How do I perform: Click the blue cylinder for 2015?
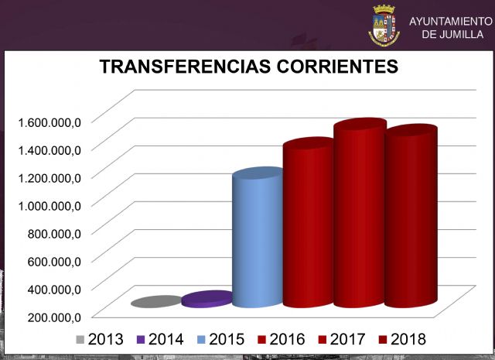[x=258, y=240]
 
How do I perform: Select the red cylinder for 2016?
[x=308, y=225]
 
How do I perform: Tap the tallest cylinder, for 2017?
[x=360, y=217]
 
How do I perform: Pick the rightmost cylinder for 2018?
[x=411, y=221]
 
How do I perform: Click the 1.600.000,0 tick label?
[x=51, y=121]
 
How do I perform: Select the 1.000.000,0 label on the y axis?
[x=51, y=204]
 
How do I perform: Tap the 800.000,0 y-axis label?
[x=55, y=232]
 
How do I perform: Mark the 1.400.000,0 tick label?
[x=51, y=149]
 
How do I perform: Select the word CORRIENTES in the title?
[x=336, y=67]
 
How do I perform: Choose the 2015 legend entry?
[x=220, y=339]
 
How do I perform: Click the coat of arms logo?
[x=384, y=25]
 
